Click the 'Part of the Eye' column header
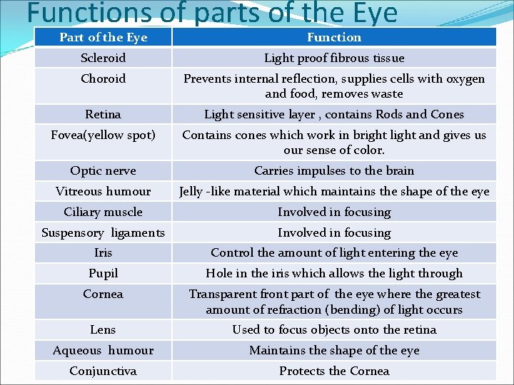point(103,37)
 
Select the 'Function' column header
point(334,37)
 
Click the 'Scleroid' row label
point(103,58)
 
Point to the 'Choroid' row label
point(103,78)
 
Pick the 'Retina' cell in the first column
point(103,114)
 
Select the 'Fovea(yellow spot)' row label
point(103,135)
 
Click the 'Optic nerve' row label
point(103,170)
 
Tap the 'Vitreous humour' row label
point(103,191)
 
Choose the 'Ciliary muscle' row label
point(103,212)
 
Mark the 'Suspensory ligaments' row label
point(103,232)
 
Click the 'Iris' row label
point(103,252)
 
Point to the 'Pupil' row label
point(103,273)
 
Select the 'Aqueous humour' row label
point(103,350)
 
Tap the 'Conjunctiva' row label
point(103,371)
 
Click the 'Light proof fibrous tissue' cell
point(334,58)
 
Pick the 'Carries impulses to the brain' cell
point(334,170)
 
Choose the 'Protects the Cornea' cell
point(334,371)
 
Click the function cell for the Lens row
point(334,329)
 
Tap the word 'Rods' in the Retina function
point(389,114)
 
